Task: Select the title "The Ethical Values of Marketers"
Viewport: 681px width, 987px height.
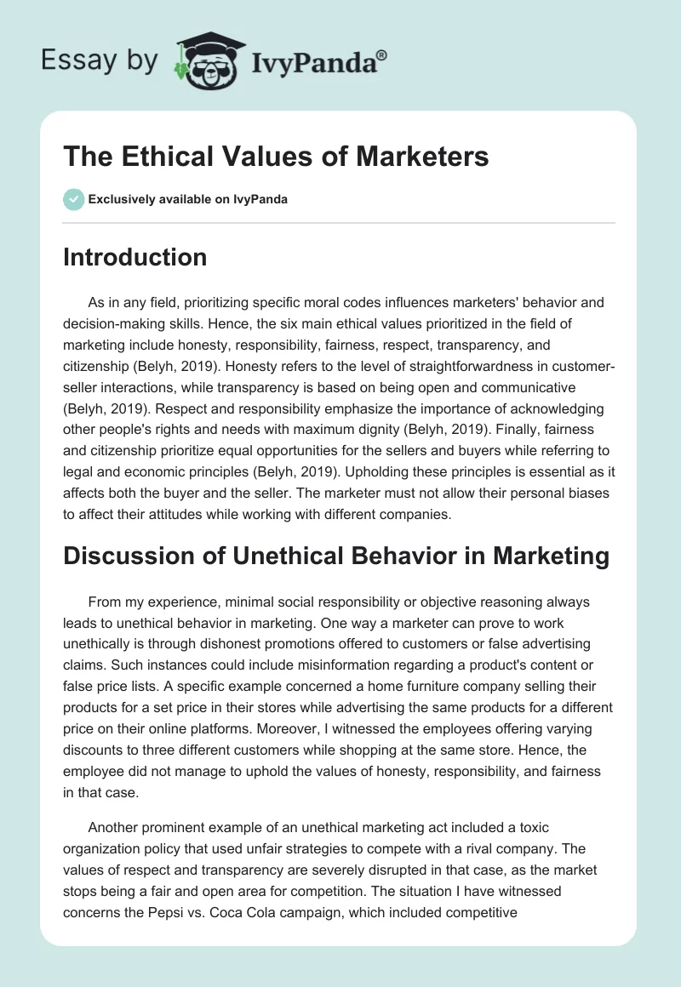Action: tap(276, 157)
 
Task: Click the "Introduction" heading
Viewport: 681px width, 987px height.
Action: tap(134, 257)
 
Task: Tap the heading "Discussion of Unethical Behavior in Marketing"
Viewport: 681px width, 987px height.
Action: tap(336, 556)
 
